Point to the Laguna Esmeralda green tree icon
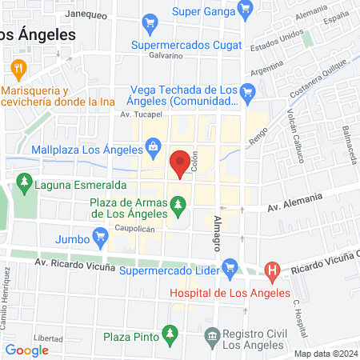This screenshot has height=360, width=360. tap(25, 184)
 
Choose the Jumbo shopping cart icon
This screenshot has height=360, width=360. tap(100, 236)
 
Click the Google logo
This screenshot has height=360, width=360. tap(27, 350)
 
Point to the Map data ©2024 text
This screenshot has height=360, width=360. tap(324, 354)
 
